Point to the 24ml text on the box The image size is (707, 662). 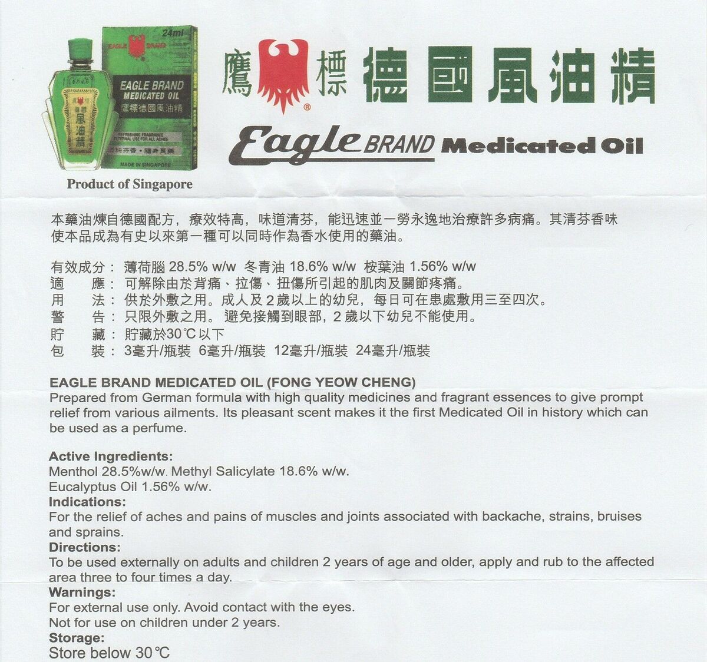[x=173, y=33]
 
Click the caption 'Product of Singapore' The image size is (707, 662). [x=130, y=184]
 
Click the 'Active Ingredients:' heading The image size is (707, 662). [x=111, y=456]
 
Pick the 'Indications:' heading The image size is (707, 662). [x=88, y=502]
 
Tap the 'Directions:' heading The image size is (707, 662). [x=85, y=547]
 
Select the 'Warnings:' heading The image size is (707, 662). [x=82, y=593]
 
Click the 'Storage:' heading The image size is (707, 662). [x=77, y=638]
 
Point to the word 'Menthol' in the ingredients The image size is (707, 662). [x=73, y=472]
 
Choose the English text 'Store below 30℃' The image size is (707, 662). [x=109, y=653]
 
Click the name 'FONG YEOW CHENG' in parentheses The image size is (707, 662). [x=341, y=383]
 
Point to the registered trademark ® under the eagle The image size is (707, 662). [x=307, y=107]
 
